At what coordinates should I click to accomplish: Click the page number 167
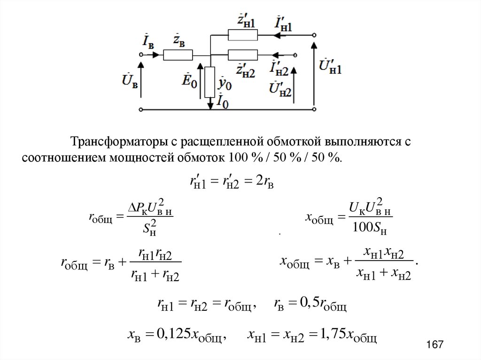tap(435, 345)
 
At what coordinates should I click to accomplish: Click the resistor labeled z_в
tap(178, 55)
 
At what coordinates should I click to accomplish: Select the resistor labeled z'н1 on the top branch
tap(242, 35)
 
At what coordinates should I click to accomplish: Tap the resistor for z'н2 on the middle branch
tap(242, 55)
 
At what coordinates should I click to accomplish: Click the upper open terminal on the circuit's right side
tap(314, 35)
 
